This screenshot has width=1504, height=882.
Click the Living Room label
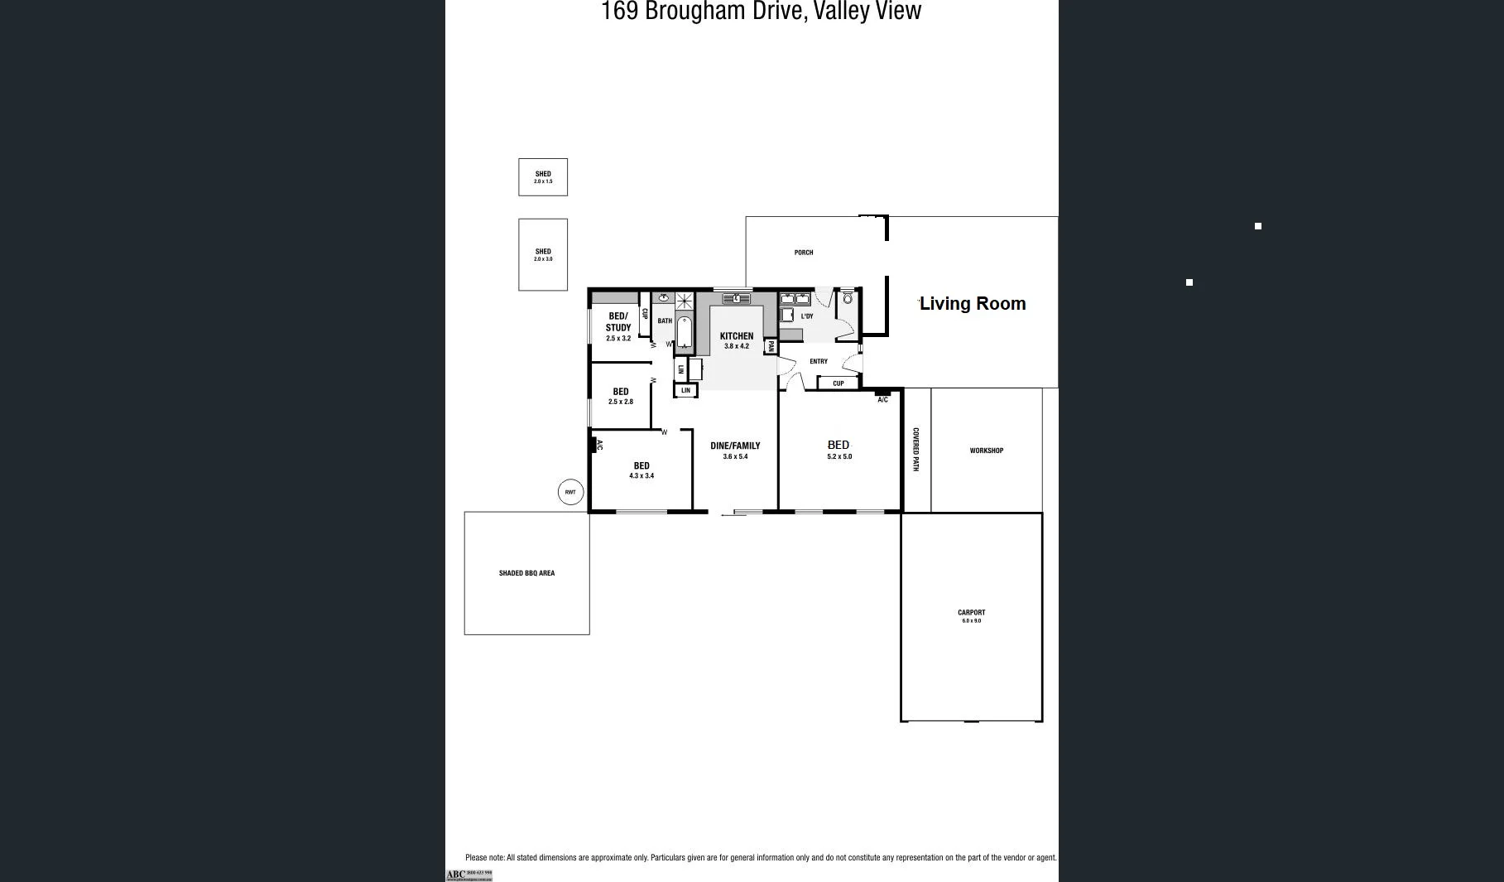tap(973, 304)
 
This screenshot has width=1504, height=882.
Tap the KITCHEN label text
tap(736, 336)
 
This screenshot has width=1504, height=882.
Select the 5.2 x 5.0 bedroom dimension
tap(838, 456)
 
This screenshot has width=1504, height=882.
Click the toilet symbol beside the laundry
tap(847, 298)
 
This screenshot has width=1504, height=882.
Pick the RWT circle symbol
tap(570, 492)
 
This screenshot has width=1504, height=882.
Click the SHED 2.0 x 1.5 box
tap(543, 177)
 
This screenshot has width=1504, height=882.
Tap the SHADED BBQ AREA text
tap(526, 573)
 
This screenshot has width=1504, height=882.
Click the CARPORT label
tap(971, 613)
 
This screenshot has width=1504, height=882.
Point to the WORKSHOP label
tap(986, 451)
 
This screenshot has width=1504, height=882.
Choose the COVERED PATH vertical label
tap(916, 450)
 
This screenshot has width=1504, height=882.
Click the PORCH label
tap(803, 253)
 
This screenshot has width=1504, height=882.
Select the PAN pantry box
tap(771, 346)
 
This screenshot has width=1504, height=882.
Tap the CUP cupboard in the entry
tap(838, 383)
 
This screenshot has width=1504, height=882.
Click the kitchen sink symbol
tap(736, 298)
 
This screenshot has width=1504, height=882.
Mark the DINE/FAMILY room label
tap(735, 446)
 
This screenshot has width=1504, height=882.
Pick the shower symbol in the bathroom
tap(685, 301)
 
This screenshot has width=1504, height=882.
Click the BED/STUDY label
tap(618, 322)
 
